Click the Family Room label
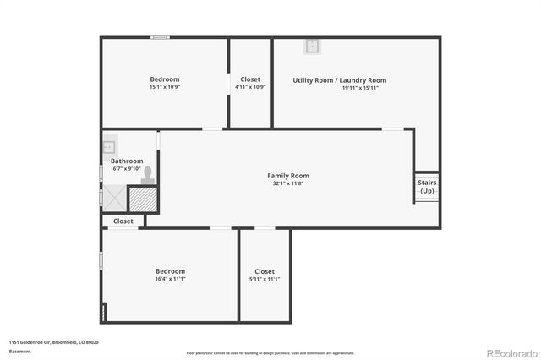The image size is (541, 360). pyautogui.click(x=287, y=175)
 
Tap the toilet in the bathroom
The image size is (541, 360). pyautogui.click(x=149, y=175)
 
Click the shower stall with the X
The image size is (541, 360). pyautogui.click(x=115, y=198)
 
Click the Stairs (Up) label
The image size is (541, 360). pyautogui.click(x=427, y=187)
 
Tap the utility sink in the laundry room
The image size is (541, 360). pyautogui.click(x=312, y=46)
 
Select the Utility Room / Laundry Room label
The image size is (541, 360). pyautogui.click(x=339, y=80)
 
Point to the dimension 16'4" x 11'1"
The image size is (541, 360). pyautogui.click(x=170, y=279)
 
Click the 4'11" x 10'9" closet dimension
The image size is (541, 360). pyautogui.click(x=250, y=88)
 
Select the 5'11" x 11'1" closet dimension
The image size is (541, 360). pyautogui.click(x=264, y=279)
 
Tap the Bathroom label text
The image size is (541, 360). pyautogui.click(x=127, y=161)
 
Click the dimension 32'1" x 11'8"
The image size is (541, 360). pyautogui.click(x=287, y=183)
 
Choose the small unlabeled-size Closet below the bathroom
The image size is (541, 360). pyautogui.click(x=123, y=221)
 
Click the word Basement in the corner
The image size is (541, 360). pyautogui.click(x=19, y=352)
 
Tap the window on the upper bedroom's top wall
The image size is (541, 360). pyautogui.click(x=160, y=37)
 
